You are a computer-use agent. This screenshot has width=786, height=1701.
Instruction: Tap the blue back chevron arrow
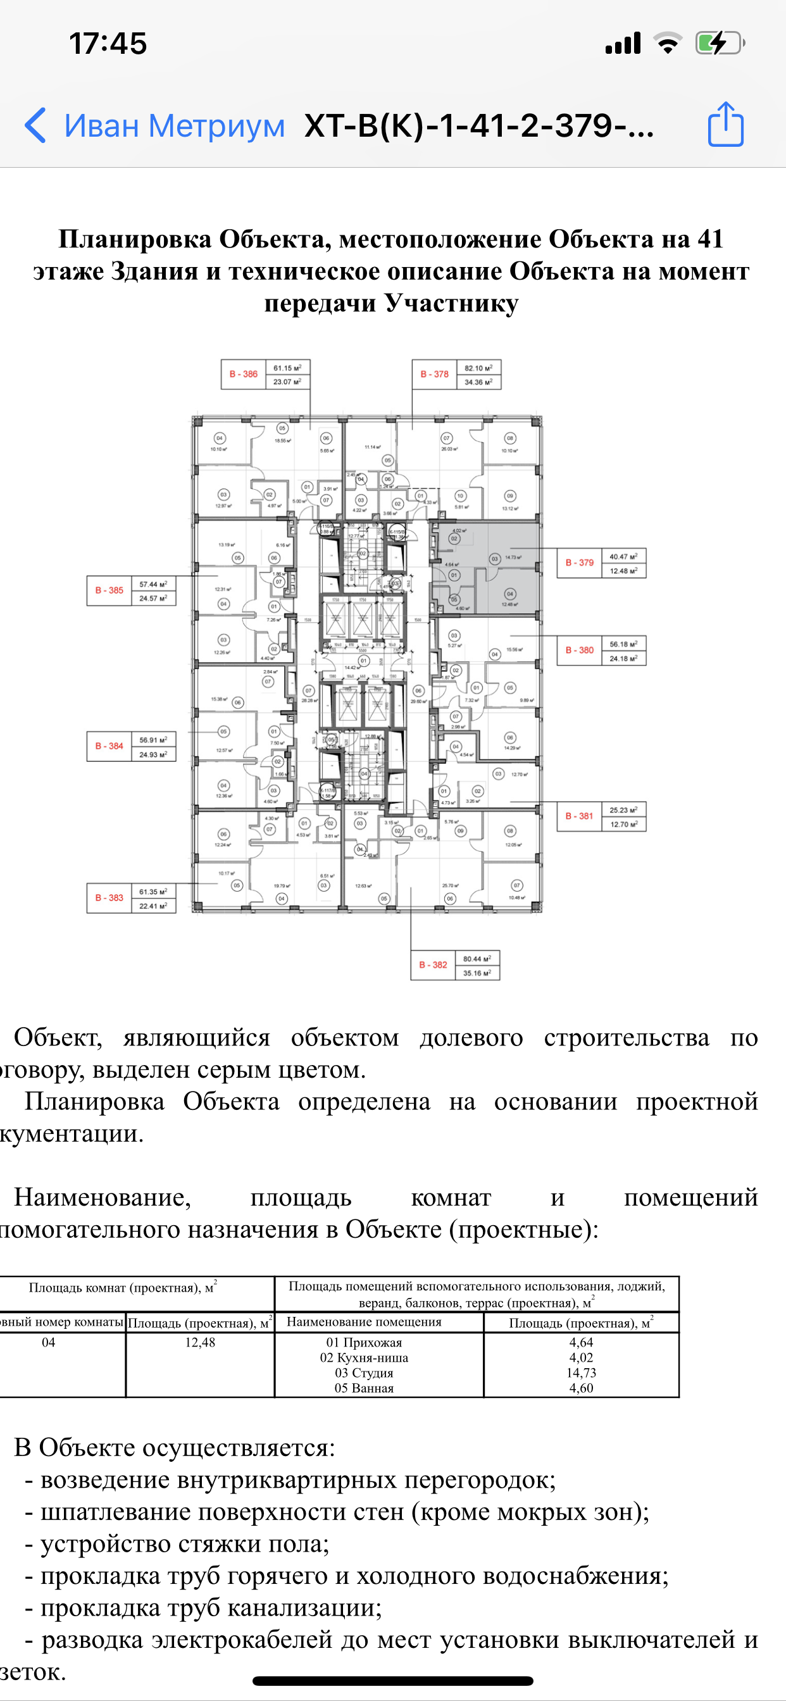(35, 125)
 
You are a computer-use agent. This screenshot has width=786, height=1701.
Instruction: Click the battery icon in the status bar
(720, 44)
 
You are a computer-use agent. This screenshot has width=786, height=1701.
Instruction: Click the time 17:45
(108, 44)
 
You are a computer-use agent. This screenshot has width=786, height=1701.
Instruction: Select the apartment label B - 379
(579, 563)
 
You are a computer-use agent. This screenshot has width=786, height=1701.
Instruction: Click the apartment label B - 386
(243, 375)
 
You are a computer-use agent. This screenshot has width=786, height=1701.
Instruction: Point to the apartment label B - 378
(434, 375)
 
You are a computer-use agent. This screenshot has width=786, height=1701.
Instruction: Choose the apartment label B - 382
(433, 965)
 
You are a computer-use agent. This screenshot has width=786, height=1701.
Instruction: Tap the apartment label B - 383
(109, 898)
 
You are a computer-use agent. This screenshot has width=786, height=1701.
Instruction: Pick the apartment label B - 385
(109, 590)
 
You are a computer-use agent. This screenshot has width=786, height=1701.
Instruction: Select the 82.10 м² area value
(478, 368)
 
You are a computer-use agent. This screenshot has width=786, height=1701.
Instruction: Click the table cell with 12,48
(200, 1342)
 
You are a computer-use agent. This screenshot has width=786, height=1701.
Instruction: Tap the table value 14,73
(581, 1373)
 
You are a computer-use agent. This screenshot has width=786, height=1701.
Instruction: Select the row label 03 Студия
(364, 1373)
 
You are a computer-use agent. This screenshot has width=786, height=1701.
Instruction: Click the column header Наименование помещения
(364, 1321)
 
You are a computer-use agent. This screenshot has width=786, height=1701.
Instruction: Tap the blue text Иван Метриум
(175, 125)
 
